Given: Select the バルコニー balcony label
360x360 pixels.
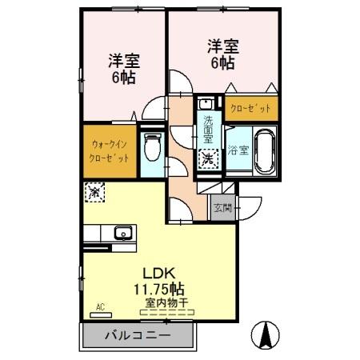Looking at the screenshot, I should click(x=137, y=334).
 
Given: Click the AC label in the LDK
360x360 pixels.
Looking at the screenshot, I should click(x=101, y=306).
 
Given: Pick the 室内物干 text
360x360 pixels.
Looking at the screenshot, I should click(x=166, y=302).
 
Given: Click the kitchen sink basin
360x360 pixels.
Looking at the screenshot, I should click(x=122, y=234).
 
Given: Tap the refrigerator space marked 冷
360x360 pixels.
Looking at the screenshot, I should click(x=94, y=192).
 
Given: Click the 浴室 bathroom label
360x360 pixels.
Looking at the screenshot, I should click(x=238, y=150).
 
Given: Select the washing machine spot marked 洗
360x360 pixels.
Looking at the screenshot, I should click(x=206, y=158).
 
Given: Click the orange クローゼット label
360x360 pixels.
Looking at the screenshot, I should click(x=251, y=108).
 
